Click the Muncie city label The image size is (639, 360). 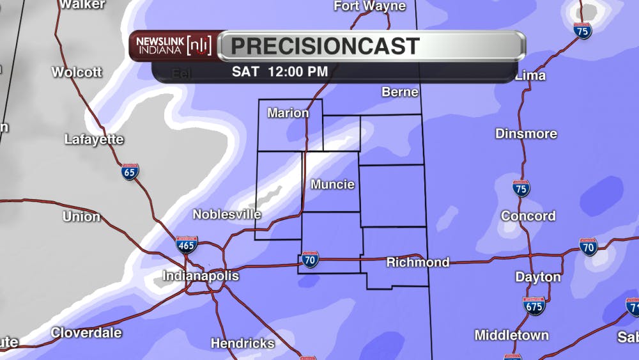click(x=332, y=185)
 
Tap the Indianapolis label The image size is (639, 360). click(x=201, y=276)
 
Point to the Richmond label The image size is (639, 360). click(x=418, y=262)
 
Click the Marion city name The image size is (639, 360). click(x=288, y=113)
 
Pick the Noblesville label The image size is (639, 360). click(x=227, y=214)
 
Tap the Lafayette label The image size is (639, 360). click(x=94, y=139)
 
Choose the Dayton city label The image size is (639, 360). click(x=538, y=278)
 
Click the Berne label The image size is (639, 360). click(x=400, y=92)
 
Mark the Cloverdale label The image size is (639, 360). click(x=86, y=333)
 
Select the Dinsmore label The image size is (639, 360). click(x=526, y=134)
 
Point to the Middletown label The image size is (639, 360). click(x=511, y=335)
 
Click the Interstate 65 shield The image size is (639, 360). click(x=130, y=171)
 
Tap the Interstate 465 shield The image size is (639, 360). click(x=187, y=244)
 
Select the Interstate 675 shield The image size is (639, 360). click(x=534, y=306)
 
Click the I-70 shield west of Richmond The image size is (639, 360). click(x=310, y=260)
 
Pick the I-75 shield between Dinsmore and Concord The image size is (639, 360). click(x=521, y=188)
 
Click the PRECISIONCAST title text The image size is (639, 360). click(x=325, y=46)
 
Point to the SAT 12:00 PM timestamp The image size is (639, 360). click(x=280, y=72)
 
